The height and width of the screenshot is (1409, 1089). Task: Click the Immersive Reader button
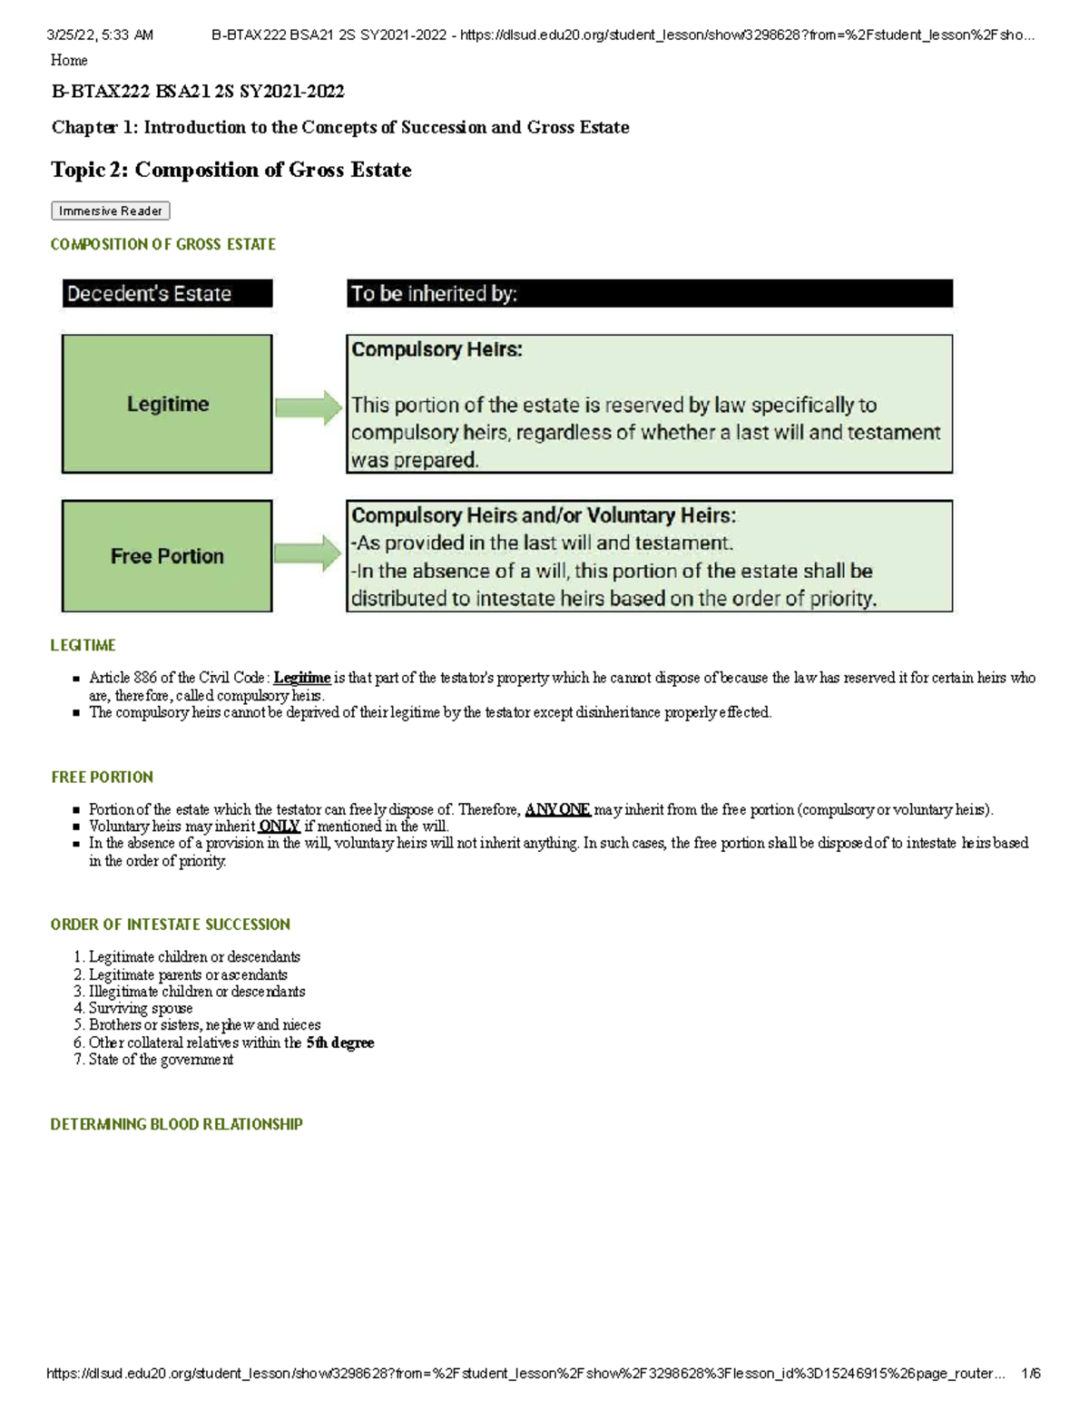[x=110, y=210]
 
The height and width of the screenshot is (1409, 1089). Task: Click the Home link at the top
[x=69, y=60]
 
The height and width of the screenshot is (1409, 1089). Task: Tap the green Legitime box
[x=167, y=404]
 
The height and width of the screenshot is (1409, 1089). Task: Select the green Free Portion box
[x=167, y=556]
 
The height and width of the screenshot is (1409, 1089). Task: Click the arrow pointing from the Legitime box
[x=309, y=407]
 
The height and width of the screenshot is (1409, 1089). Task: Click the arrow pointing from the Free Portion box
[x=309, y=553]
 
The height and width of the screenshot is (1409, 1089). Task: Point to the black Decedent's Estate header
[x=167, y=293]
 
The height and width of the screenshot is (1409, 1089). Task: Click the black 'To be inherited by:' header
[x=649, y=293]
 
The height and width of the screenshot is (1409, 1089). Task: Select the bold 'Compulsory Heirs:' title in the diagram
[x=437, y=349]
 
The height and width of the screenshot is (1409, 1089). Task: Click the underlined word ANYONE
[x=557, y=809]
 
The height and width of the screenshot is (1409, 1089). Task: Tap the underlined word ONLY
[x=279, y=827]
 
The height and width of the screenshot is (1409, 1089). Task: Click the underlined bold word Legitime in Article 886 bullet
[x=301, y=678]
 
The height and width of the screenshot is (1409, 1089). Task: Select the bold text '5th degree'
[x=340, y=1042]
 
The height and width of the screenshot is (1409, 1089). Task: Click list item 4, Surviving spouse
[x=140, y=1008]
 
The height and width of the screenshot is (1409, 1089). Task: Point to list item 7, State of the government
[x=160, y=1060]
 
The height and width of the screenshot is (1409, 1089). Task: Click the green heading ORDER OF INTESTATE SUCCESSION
[x=170, y=925]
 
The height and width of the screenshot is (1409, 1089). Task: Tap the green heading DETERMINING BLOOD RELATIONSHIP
[x=176, y=1124]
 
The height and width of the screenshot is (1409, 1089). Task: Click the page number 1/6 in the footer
[x=1030, y=1374]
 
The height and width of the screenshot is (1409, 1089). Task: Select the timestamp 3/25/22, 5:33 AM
[x=100, y=35]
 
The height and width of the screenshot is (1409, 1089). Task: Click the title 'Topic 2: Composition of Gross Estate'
[x=231, y=170]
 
